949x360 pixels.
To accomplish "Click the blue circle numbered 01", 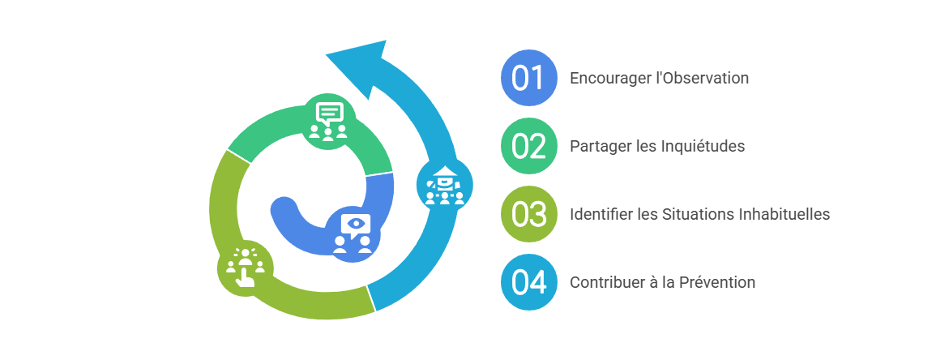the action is coord(529,78).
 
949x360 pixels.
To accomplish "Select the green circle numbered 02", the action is coord(529,146).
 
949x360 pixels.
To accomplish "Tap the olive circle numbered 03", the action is coord(529,214).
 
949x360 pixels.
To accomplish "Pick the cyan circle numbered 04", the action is coord(529,282).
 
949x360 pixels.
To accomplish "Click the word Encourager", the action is coord(610,79).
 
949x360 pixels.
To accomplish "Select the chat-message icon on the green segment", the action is coord(328,121).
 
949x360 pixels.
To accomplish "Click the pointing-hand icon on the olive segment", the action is coord(245,268).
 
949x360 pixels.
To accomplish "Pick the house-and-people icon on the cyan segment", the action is coord(445,185).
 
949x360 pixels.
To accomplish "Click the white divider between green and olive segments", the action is coord(238,156).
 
